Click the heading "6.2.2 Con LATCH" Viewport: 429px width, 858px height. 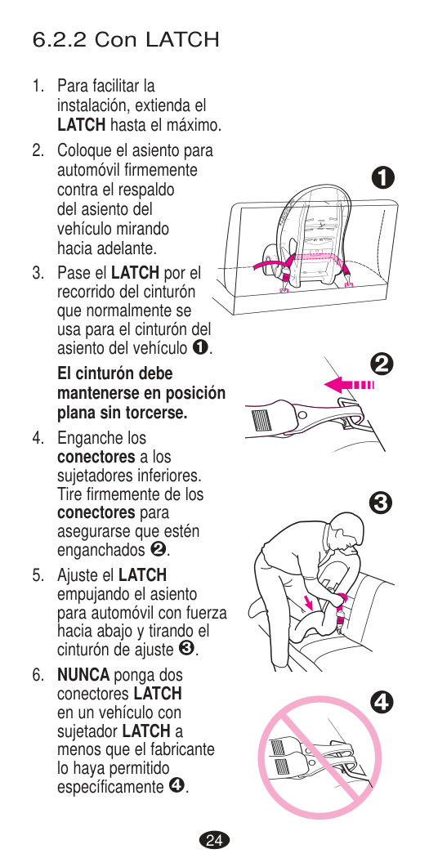(126, 39)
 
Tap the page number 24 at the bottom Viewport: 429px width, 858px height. (215, 840)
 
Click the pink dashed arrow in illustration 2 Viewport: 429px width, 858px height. (349, 385)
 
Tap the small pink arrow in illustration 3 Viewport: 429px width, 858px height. (309, 603)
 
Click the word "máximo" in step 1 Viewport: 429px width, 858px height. (193, 125)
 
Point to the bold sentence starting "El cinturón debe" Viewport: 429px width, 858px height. (141, 393)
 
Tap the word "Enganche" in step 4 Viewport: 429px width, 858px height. (85, 439)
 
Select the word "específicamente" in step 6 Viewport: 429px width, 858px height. (110, 788)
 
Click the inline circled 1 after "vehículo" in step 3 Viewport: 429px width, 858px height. (200, 347)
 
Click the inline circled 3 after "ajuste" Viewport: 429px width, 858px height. (186, 650)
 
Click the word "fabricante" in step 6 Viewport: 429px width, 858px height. (186, 749)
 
